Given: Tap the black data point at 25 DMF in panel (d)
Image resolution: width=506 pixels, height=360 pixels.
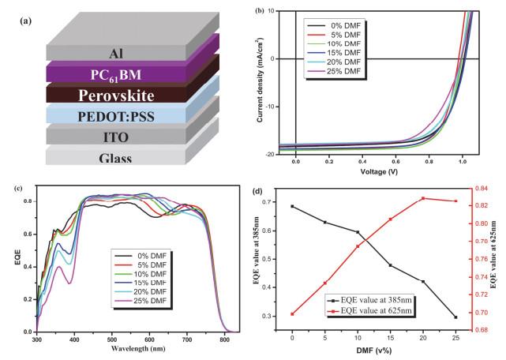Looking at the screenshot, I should (455, 317).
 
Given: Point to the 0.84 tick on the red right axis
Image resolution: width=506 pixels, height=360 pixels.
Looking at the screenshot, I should (478, 188).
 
